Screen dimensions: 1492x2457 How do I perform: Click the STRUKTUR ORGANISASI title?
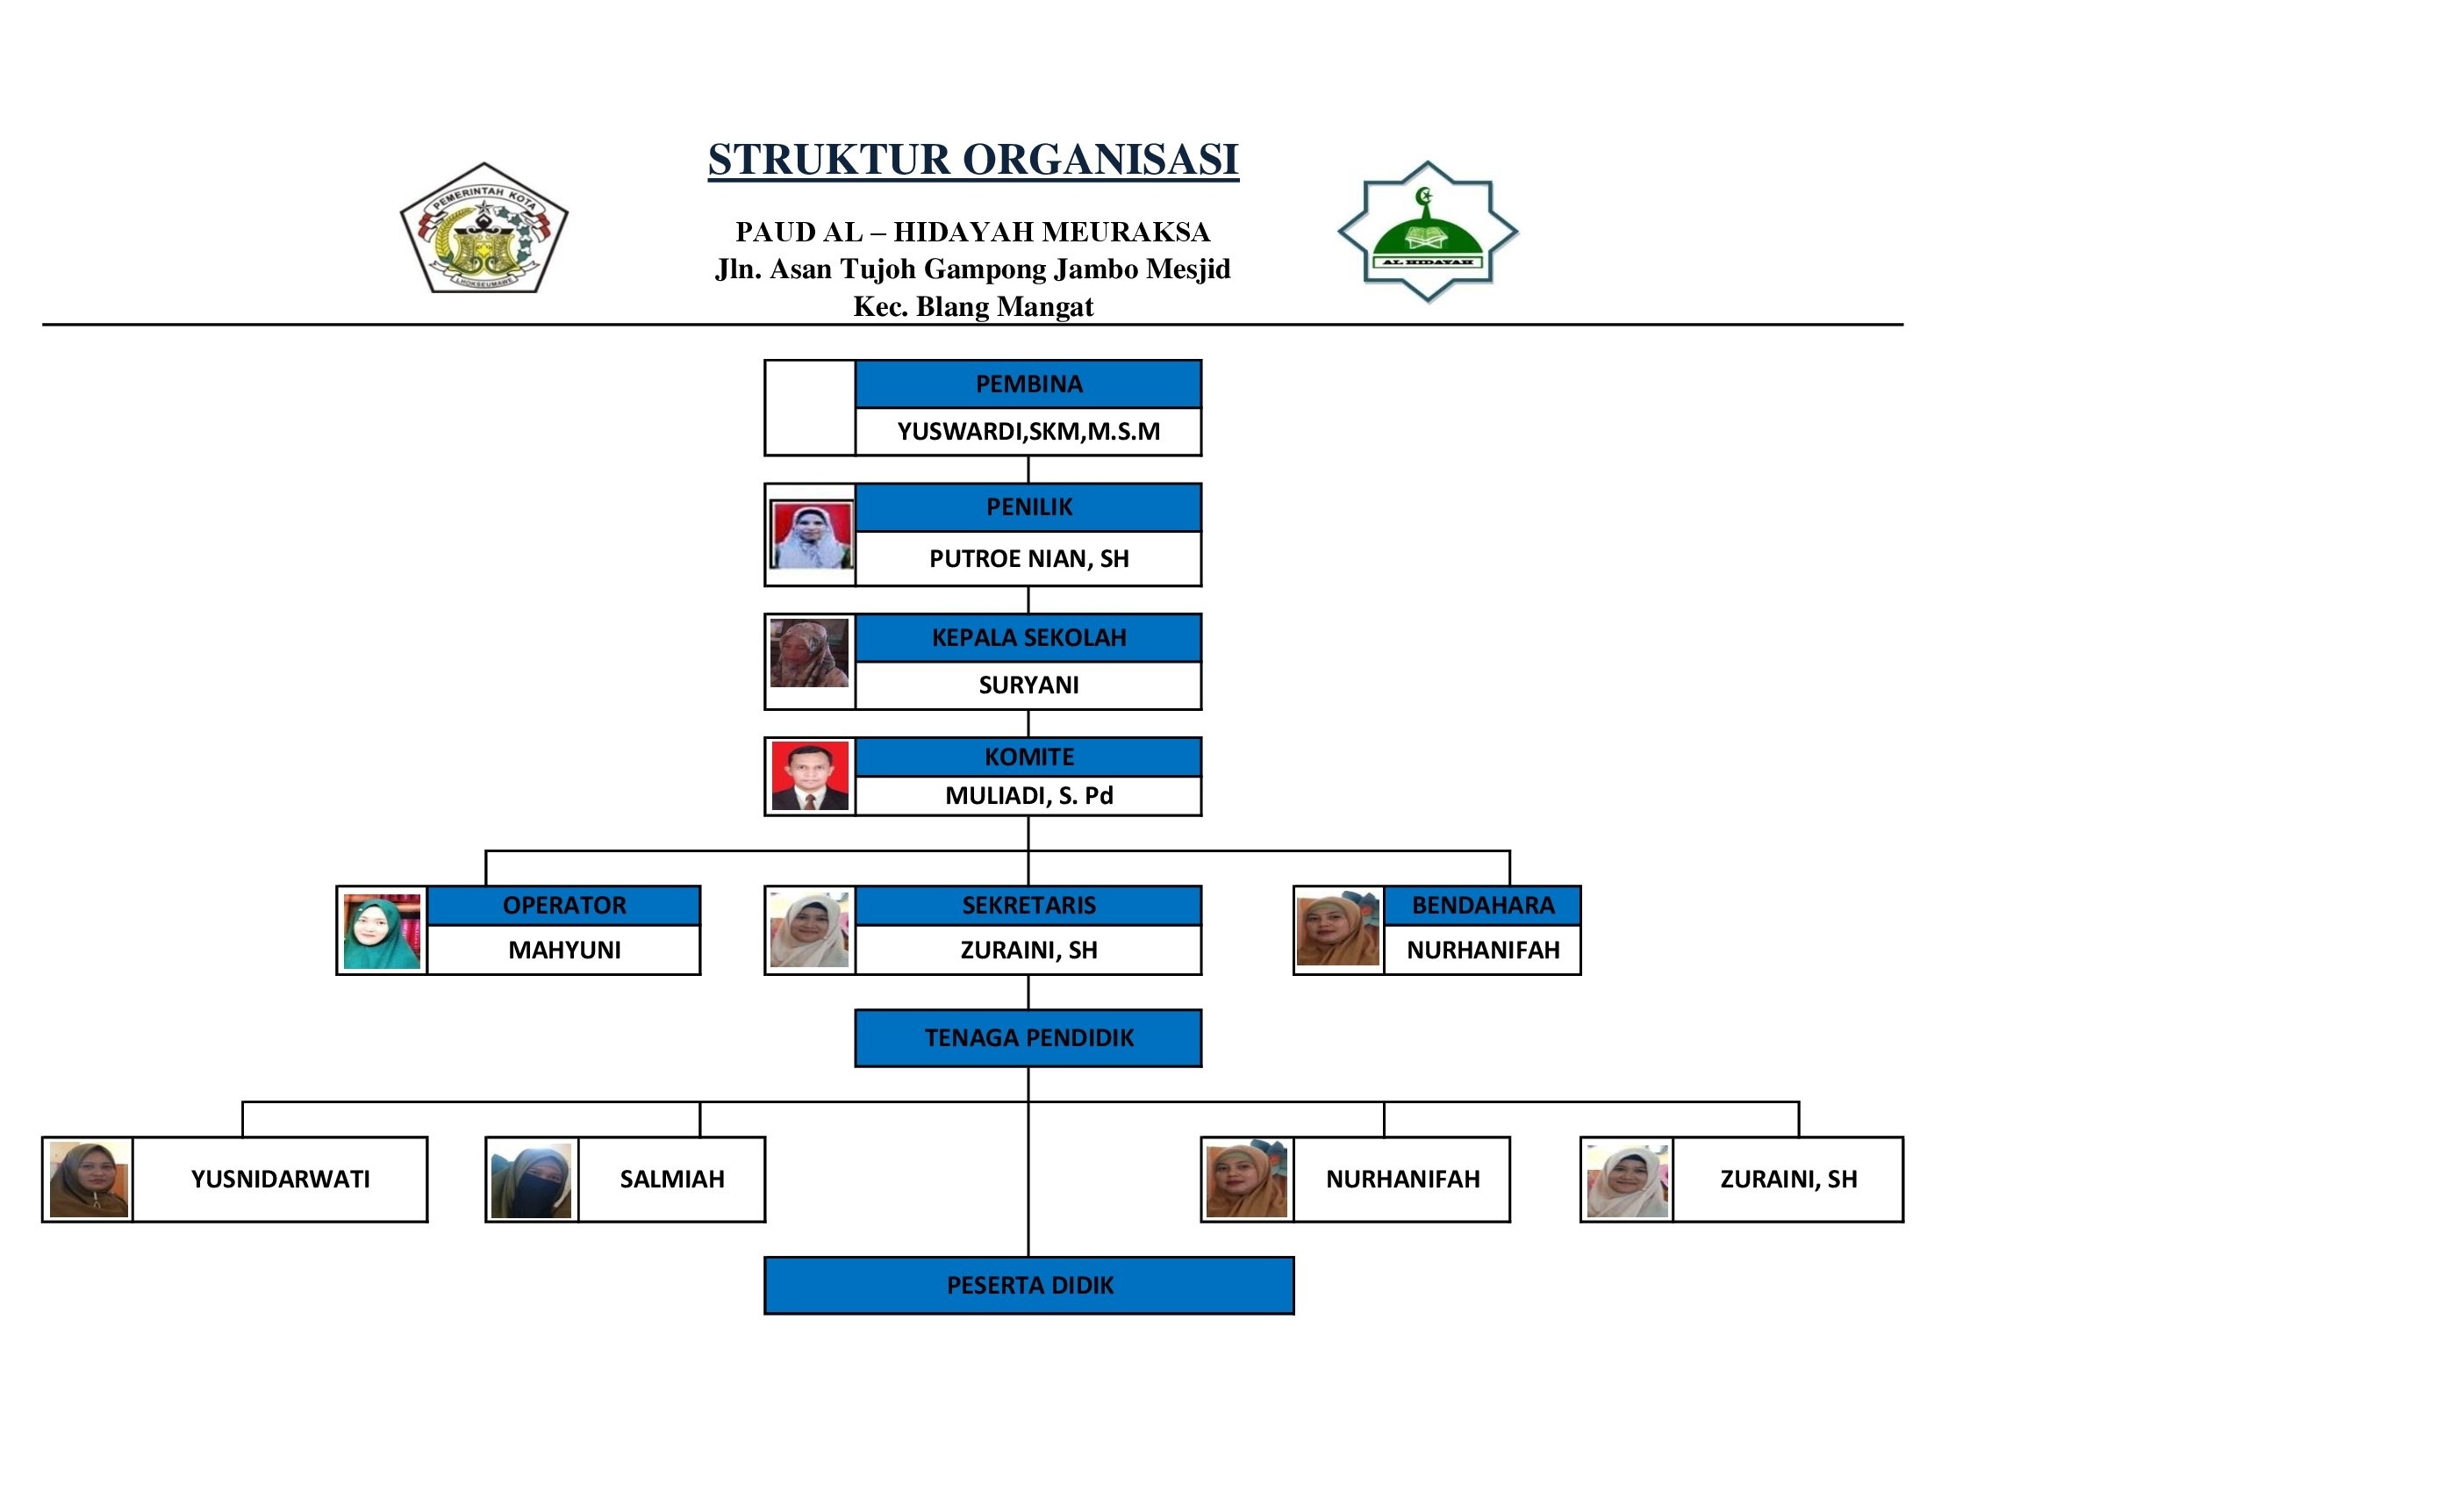click(x=972, y=160)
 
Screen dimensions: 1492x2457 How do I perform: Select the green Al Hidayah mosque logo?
click(x=1427, y=233)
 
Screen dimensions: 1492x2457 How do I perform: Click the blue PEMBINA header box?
click(x=1028, y=384)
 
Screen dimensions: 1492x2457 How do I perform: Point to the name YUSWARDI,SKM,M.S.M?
click(x=1028, y=432)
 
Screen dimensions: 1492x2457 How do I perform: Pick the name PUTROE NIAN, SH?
click(x=1028, y=558)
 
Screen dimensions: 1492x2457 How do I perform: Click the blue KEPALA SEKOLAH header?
click(x=1028, y=637)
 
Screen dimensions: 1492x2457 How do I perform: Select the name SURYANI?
click(x=1028, y=685)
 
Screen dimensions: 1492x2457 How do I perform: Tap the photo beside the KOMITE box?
click(x=810, y=776)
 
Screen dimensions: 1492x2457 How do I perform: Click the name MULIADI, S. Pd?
click(x=1028, y=796)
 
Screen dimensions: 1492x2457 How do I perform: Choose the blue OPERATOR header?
click(x=563, y=906)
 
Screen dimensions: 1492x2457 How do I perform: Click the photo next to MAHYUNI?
click(x=382, y=931)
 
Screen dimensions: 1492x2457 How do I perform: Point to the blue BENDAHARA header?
click(x=1482, y=906)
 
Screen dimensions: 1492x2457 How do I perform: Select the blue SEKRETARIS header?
click(x=1028, y=906)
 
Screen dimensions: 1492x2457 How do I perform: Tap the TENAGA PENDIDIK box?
click(x=1028, y=1038)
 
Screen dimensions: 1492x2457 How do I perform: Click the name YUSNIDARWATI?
click(x=280, y=1179)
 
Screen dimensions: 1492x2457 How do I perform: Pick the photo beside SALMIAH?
click(x=532, y=1180)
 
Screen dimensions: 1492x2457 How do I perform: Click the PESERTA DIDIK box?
click(x=1029, y=1286)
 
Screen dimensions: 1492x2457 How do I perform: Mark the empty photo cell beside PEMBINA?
click(x=810, y=408)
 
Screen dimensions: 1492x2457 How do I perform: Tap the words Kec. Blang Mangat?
click(x=972, y=306)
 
